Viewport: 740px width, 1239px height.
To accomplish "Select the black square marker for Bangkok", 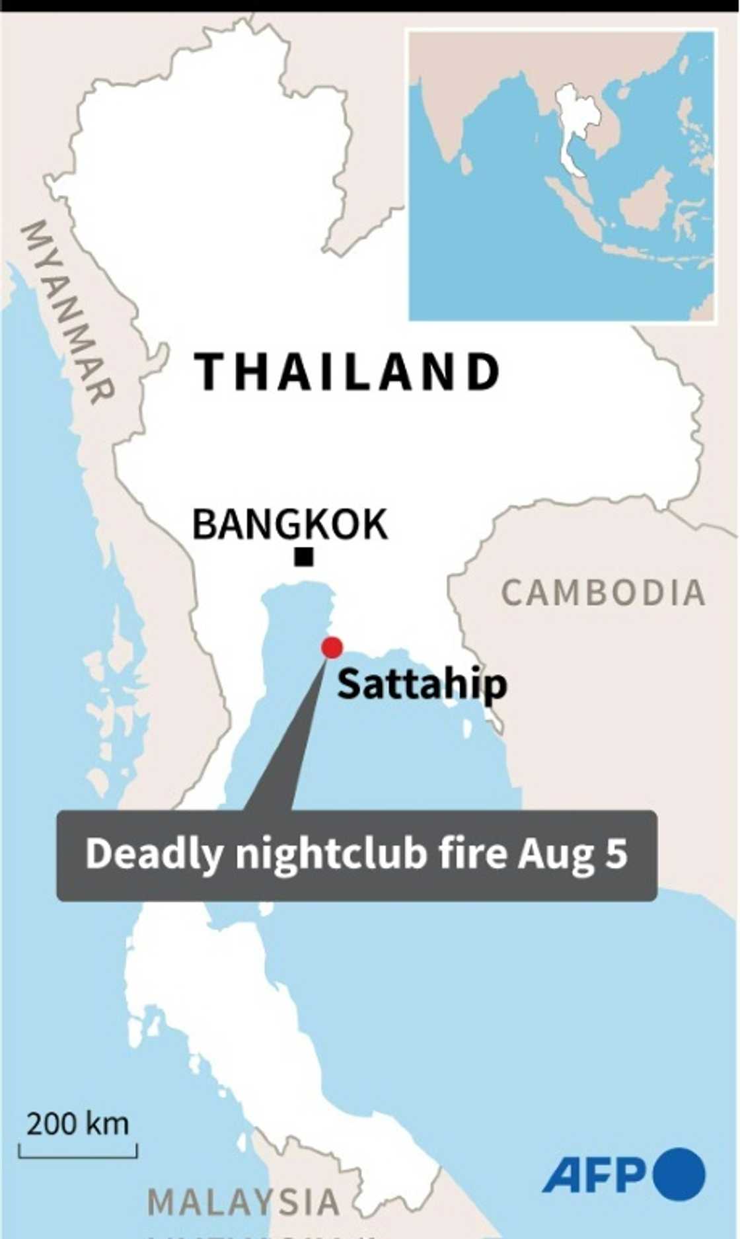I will point(304,557).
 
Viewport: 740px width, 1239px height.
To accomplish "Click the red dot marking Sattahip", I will point(332,647).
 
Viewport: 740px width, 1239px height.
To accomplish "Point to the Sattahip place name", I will point(422,684).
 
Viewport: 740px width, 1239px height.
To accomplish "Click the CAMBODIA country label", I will point(603,592).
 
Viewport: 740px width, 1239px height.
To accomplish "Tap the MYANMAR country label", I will point(67,311).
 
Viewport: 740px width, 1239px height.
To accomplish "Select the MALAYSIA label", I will point(243,1201).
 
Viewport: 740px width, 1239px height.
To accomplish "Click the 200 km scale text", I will point(78,1123).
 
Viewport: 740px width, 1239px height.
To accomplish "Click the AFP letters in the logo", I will point(594,1174).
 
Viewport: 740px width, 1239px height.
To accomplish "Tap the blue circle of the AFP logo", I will point(679,1174).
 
